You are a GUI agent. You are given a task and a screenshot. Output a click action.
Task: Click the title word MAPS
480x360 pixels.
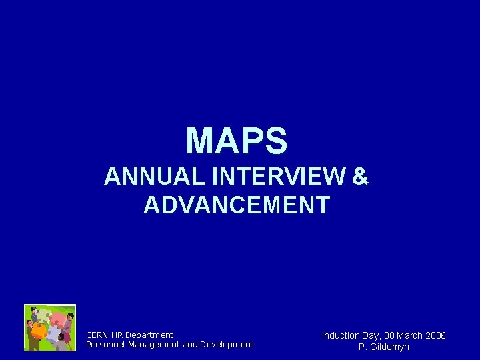pos(237,141)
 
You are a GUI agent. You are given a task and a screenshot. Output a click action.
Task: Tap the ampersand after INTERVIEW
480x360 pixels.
pos(359,177)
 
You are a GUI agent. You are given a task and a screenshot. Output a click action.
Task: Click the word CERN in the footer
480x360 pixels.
pos(97,335)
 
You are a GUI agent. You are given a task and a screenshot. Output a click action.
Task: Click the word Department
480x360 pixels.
pos(149,335)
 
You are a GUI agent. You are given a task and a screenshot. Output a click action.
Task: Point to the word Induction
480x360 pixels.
pos(341,335)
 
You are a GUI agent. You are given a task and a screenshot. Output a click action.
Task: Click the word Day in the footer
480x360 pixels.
pos(372,335)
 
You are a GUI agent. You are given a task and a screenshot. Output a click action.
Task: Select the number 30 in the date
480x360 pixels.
pos(391,335)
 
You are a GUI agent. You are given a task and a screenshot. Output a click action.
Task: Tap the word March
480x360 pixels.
pos(410,335)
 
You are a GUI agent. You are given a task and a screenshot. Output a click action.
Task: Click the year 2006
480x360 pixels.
pos(435,335)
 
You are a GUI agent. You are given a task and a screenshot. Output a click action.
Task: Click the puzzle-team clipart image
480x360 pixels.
pos(50,327)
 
